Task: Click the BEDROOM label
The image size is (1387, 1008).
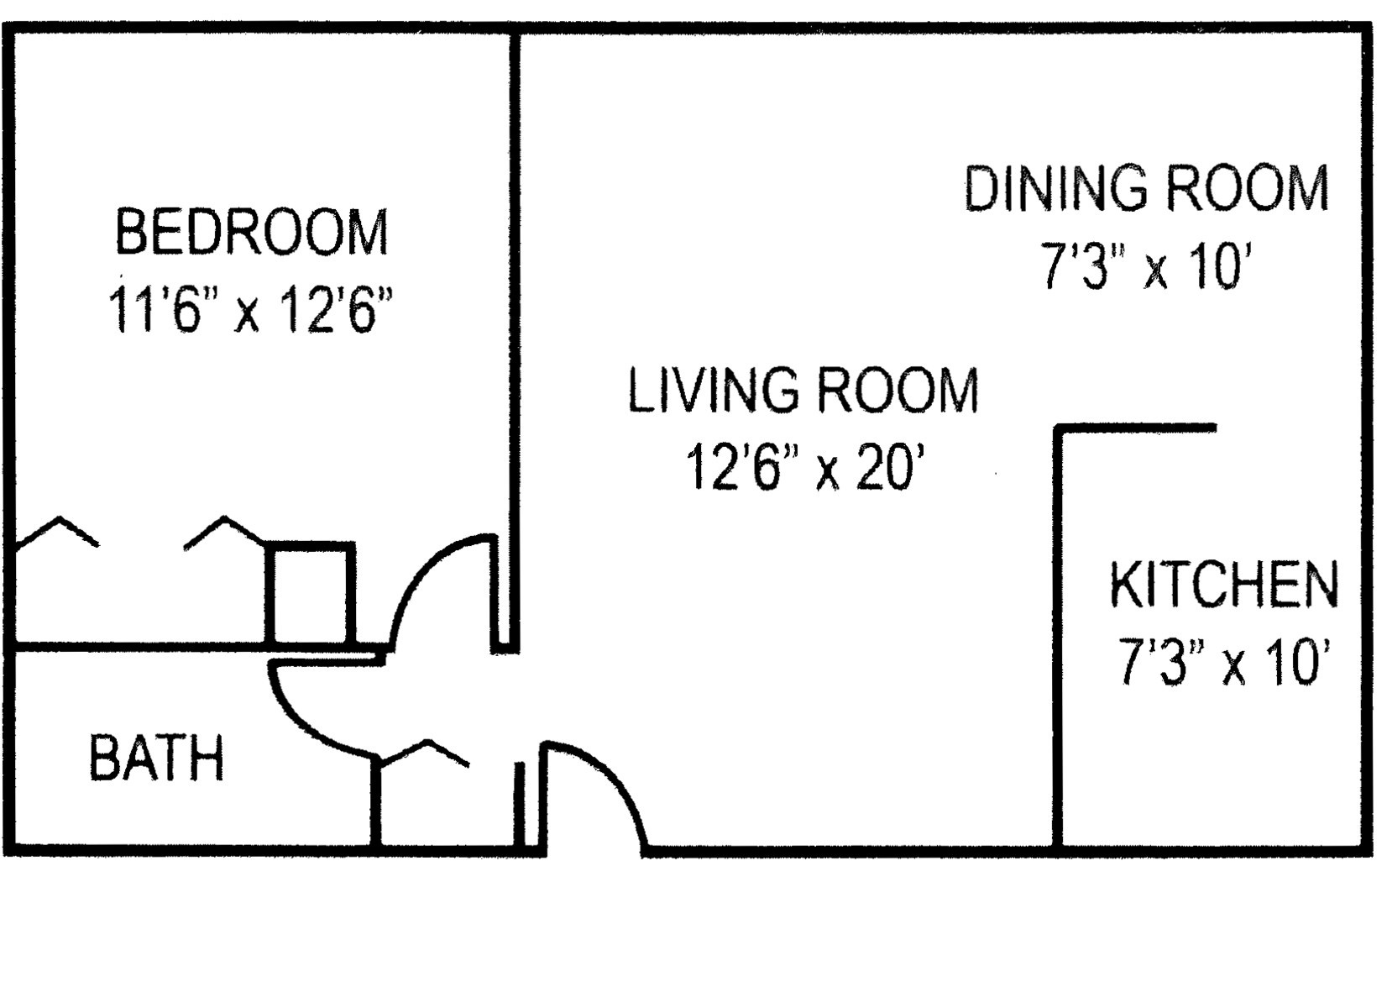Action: (251, 232)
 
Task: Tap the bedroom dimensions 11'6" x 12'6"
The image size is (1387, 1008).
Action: (251, 309)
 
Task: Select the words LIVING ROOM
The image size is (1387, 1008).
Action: (803, 390)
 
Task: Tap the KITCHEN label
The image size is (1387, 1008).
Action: (1225, 585)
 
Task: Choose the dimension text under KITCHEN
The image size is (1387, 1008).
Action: (1225, 662)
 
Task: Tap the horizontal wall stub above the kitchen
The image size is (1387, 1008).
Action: (1136, 428)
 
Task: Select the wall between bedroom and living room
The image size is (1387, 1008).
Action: (515, 341)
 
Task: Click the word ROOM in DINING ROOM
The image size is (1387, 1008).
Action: (1248, 187)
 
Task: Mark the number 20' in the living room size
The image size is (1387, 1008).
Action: (891, 468)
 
